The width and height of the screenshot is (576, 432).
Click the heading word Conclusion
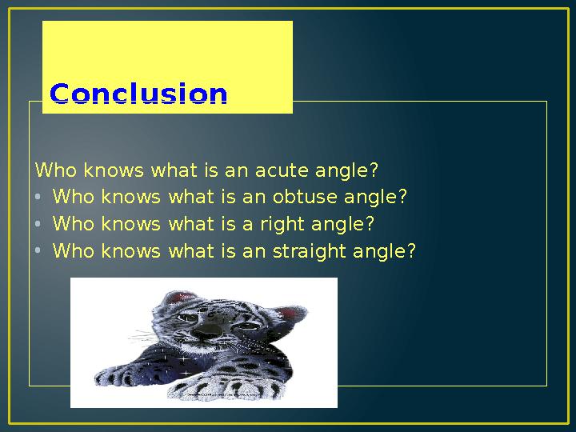138,94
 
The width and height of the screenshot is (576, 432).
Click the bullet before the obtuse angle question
38,197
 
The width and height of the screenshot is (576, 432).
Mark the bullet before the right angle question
38,224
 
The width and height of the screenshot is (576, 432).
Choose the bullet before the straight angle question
38,251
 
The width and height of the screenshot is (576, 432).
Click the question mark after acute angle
374,170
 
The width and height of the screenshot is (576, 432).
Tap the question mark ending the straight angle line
411,251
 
